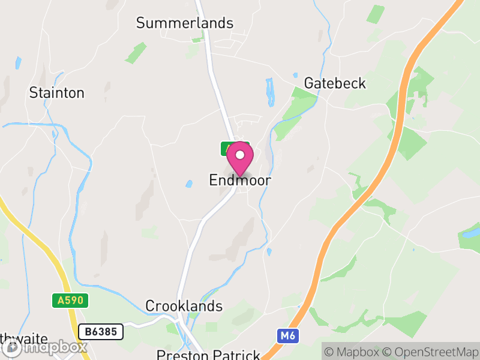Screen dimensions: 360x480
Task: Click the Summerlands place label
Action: pyautogui.click(x=184, y=23)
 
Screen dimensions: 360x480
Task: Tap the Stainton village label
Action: pyautogui.click(x=57, y=93)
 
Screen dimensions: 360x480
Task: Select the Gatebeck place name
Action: pyautogui.click(x=335, y=83)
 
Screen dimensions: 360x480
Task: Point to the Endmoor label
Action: pyautogui.click(x=240, y=180)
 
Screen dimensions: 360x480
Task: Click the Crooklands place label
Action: pyautogui.click(x=184, y=306)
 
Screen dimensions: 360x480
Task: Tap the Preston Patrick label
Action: pyautogui.click(x=208, y=355)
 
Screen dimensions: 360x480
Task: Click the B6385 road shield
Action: pyautogui.click(x=101, y=331)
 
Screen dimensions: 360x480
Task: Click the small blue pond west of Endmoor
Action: pyautogui.click(x=188, y=184)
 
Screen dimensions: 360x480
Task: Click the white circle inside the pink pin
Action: pyautogui.click(x=240, y=155)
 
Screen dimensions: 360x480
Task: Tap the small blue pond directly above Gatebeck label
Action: pyautogui.click(x=295, y=76)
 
